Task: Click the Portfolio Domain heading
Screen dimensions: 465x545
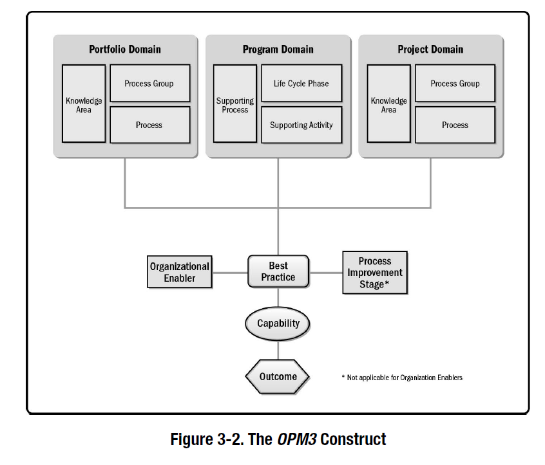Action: (x=125, y=50)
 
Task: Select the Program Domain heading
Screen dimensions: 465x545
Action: (x=278, y=50)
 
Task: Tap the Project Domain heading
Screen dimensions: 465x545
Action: (x=430, y=50)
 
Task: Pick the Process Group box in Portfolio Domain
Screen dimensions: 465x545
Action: (x=149, y=83)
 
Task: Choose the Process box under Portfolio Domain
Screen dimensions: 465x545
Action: (x=149, y=125)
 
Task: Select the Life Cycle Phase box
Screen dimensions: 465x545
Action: (x=301, y=83)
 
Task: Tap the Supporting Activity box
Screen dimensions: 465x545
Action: (x=301, y=125)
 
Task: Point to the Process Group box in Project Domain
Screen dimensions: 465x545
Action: (x=455, y=83)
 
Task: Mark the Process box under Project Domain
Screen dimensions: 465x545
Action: (x=455, y=125)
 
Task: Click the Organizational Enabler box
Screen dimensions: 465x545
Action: (x=180, y=272)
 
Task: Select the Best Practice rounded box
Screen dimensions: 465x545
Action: (x=278, y=271)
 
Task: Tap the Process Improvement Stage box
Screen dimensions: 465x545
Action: (x=375, y=272)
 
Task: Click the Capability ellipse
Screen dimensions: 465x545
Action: (x=278, y=324)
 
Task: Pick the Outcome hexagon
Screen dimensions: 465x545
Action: (x=278, y=376)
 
